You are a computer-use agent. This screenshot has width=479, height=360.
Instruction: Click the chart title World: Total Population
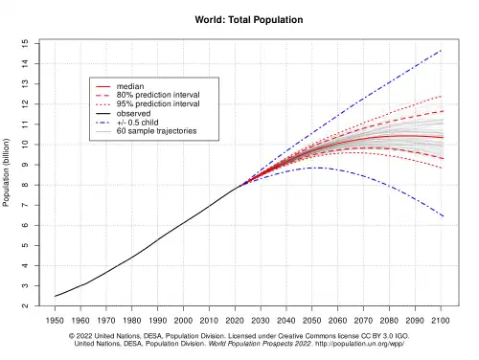click(249, 20)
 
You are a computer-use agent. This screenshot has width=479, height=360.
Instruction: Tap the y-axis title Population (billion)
click(6, 172)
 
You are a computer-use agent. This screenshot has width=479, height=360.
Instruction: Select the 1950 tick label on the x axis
click(55, 320)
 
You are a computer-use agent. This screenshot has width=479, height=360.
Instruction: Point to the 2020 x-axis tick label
click(235, 320)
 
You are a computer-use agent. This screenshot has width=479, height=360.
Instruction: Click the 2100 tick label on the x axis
click(441, 320)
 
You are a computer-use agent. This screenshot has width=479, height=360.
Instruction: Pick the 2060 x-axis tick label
click(338, 320)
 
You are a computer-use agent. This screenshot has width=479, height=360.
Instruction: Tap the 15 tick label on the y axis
click(25, 43)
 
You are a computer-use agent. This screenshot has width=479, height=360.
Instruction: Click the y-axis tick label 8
click(25, 185)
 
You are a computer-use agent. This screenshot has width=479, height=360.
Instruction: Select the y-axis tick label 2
click(25, 305)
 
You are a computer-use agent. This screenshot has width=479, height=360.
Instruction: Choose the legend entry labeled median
click(130, 86)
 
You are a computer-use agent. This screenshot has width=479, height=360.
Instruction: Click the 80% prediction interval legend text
click(158, 95)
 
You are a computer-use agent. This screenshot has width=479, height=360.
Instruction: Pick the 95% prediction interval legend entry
click(158, 103)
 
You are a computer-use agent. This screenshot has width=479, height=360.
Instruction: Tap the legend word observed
click(133, 113)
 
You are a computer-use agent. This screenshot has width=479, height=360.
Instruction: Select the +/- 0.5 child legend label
click(137, 123)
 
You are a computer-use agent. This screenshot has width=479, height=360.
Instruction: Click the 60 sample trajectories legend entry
click(156, 131)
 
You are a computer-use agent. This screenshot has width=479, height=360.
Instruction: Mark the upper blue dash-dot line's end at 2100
click(441, 51)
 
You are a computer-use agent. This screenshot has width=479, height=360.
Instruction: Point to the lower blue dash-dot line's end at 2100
click(443, 216)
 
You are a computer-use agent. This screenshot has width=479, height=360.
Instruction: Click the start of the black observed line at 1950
click(55, 296)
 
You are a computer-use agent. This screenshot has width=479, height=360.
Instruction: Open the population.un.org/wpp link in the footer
click(360, 344)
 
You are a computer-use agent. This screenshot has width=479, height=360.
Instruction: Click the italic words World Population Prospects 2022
click(260, 344)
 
